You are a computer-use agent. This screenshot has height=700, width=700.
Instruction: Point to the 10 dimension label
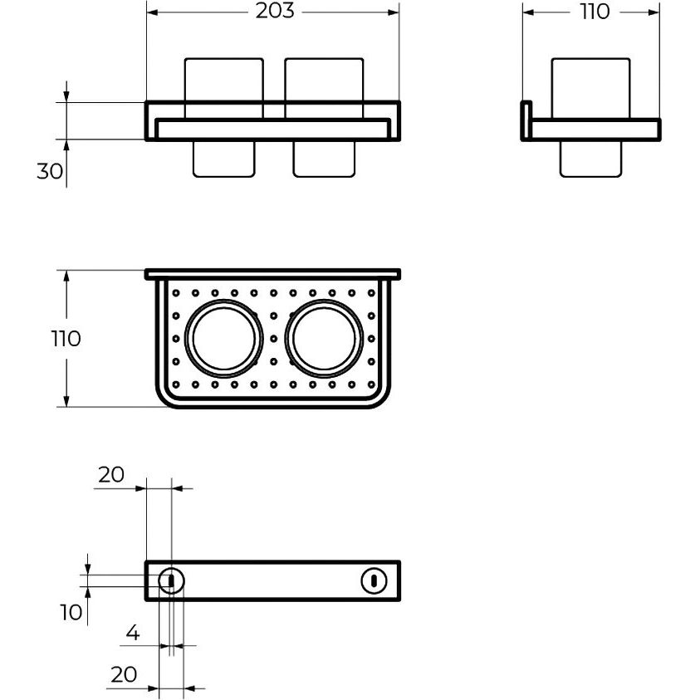coord(71,612)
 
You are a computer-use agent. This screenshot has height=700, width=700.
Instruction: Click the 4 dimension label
coord(133,634)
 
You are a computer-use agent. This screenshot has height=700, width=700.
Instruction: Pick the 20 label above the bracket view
coord(110,475)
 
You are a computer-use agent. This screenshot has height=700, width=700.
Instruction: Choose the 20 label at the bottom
coord(123,674)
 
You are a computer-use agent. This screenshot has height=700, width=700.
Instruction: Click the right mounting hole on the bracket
coord(374,580)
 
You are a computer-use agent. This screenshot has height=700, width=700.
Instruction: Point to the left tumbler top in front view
coord(223,80)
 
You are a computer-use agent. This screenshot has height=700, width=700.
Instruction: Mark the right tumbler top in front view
coord(324,80)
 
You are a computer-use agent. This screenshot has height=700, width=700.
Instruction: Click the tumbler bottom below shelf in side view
coord(591,158)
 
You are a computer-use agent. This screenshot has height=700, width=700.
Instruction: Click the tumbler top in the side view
coord(591,87)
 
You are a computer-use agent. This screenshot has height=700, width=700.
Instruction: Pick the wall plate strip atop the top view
coord(272,274)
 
